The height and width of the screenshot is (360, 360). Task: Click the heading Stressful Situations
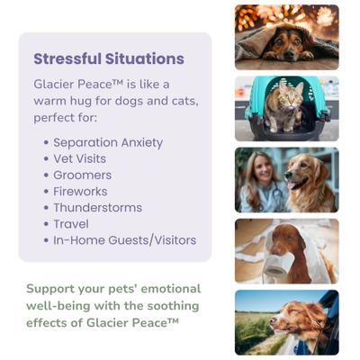coord(109,59)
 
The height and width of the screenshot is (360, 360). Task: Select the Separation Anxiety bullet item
coord(108,143)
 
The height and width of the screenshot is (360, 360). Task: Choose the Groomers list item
coord(82,175)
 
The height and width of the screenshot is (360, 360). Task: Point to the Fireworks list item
coord(80,192)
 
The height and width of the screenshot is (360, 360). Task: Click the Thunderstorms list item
coord(97,208)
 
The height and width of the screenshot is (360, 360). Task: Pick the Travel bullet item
coord(71,224)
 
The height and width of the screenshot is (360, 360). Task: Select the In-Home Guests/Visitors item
coord(124,240)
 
